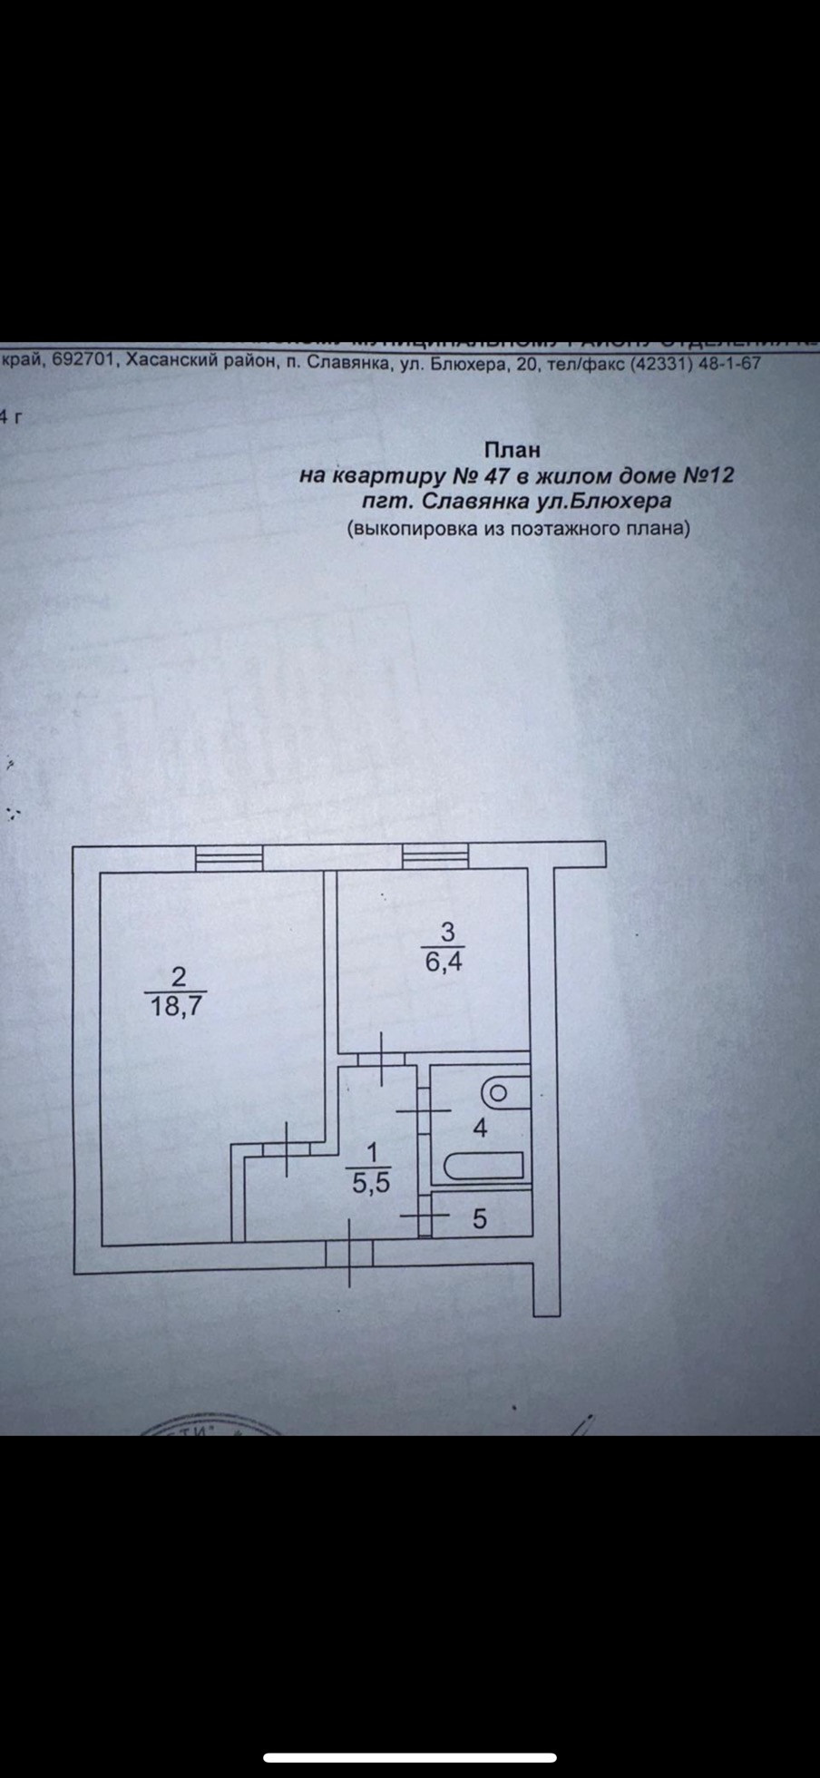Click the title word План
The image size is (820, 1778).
[x=512, y=449]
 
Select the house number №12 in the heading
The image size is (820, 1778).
[x=707, y=475]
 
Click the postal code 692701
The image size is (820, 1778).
[x=83, y=360]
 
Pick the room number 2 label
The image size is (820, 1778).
[x=178, y=976]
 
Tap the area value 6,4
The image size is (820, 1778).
[x=444, y=961]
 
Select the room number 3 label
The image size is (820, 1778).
[x=446, y=932]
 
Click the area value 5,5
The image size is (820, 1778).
[x=370, y=1183]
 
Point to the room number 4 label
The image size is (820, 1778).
[x=480, y=1128]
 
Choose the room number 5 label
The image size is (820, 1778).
[x=480, y=1219]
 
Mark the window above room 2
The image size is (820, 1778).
[x=229, y=856]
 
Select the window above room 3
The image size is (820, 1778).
[x=435, y=855]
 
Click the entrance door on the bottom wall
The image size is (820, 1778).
[x=350, y=1255]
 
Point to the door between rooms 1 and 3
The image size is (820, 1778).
[x=381, y=1059]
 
